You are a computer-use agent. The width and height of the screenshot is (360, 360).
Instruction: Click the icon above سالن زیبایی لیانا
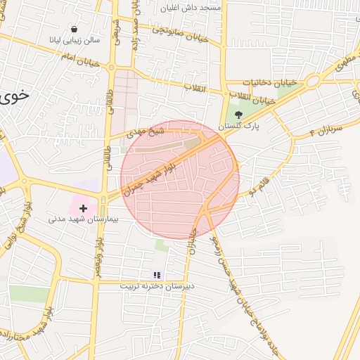(75, 29)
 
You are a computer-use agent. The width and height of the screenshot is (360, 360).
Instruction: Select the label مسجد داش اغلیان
(191, 8)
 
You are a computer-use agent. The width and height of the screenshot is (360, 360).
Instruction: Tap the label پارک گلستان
(238, 126)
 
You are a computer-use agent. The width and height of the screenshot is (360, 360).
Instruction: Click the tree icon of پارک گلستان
(238, 114)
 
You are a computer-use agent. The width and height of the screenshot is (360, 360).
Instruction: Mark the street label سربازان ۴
(325, 129)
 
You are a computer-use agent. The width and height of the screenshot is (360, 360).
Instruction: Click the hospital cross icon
(84, 208)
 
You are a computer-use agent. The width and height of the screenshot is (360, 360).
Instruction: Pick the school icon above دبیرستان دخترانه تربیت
(157, 275)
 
